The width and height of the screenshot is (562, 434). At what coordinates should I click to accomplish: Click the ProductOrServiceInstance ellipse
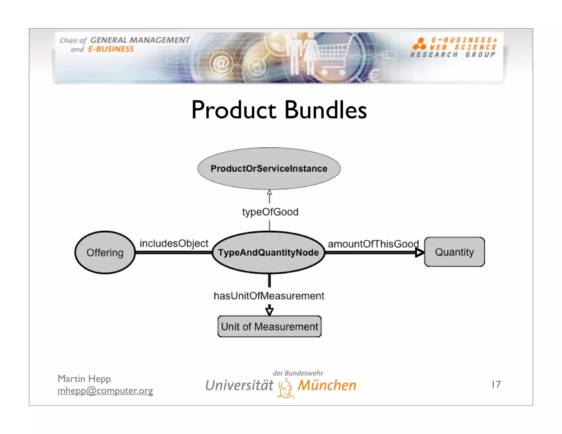[x=269, y=168]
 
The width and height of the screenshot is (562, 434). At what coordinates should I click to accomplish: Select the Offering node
[x=105, y=252]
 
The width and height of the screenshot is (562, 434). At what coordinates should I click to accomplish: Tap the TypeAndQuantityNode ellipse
[x=268, y=252]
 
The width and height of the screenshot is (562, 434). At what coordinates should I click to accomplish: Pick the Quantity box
[x=454, y=252]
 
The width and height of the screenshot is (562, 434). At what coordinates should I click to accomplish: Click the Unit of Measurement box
[x=269, y=326]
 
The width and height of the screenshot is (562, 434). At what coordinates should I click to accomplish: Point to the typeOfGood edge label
[x=270, y=212]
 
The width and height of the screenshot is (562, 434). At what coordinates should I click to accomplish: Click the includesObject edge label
[x=174, y=243]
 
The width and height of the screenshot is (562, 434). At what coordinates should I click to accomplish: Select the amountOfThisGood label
[x=373, y=244]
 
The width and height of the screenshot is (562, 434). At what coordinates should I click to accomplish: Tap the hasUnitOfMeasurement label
[x=269, y=296]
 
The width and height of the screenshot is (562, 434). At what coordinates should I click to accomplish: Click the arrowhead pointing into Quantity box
[x=419, y=252]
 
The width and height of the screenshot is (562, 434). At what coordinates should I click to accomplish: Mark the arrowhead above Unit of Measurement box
[x=269, y=311]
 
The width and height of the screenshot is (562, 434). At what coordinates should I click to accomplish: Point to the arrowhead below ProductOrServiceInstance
[x=269, y=192]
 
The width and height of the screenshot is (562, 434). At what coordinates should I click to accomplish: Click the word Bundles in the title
[x=325, y=110]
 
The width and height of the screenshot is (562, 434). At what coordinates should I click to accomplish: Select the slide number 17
[x=496, y=384]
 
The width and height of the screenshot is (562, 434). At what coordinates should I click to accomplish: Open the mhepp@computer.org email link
[x=105, y=390]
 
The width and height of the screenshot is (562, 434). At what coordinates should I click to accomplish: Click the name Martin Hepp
[x=84, y=379]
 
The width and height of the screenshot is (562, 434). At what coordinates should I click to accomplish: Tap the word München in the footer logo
[x=327, y=385]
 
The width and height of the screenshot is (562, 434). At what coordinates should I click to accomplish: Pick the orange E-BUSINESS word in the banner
[x=111, y=49]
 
